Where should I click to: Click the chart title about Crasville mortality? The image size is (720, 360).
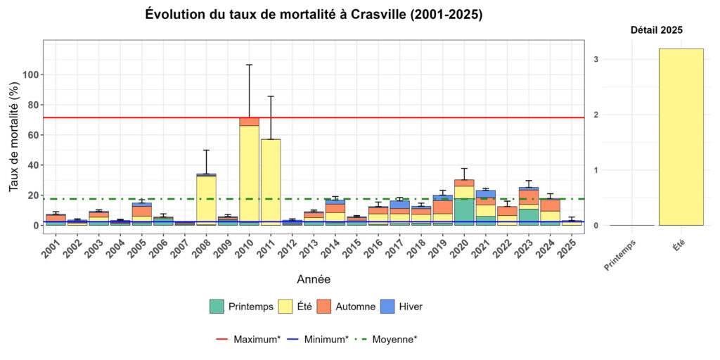pyautogui.click(x=314, y=15)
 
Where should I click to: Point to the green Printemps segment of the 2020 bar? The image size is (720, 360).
pyautogui.click(x=464, y=212)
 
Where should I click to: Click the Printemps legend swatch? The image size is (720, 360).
pyautogui.click(x=217, y=307)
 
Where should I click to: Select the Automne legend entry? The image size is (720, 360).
pyautogui.click(x=346, y=307)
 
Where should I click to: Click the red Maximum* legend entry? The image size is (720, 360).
pyautogui.click(x=247, y=339)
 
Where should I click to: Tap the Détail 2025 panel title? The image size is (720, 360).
pyautogui.click(x=656, y=30)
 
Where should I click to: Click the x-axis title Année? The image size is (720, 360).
pyautogui.click(x=313, y=279)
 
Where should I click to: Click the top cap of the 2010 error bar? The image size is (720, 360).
pyautogui.click(x=250, y=65)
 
